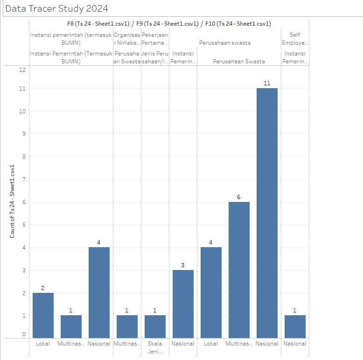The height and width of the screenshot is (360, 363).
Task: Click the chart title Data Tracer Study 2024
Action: coord(56,8)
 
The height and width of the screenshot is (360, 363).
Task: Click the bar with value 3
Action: coord(183,304)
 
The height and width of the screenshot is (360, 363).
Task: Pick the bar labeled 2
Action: coord(43,315)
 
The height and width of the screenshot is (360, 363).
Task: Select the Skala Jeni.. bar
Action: coord(155,326)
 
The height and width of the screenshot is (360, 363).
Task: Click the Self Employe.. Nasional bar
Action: coord(295,326)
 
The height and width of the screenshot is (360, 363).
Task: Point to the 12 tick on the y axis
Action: coord(22,69)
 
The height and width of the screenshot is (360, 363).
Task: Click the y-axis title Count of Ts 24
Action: coord(13,201)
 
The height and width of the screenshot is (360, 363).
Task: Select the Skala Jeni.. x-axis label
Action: coord(155,347)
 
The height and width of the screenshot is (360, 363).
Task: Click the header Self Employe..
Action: coord(295,39)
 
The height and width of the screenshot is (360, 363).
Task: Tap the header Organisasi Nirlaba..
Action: coord(127,39)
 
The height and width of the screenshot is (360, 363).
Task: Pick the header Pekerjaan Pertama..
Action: coord(155,39)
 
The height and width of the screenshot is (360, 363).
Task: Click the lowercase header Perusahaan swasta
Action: coord(225,43)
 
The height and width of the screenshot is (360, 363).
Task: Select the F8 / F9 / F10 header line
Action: coord(169,24)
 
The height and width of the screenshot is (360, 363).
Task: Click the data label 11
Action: coord(267,83)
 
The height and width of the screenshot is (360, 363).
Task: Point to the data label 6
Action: coord(239,197)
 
